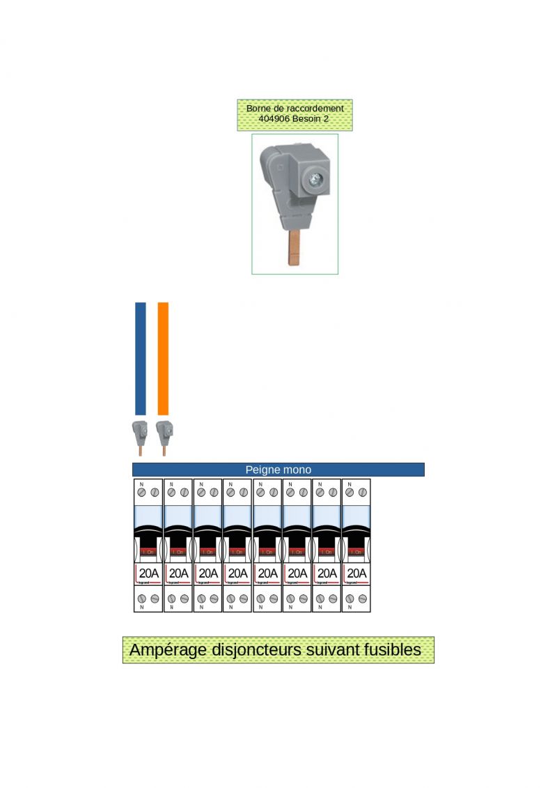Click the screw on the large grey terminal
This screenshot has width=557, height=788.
pos(315,180)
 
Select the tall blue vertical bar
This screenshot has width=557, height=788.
pos(140,358)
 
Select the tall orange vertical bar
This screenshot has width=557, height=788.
pos(163,358)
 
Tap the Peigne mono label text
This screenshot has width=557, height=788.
pos(278,470)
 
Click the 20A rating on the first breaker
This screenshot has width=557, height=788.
pos(148,573)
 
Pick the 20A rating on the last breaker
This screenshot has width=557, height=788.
pos(356,573)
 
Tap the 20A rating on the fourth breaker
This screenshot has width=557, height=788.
pos(237,573)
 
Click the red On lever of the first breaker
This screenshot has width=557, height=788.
pos(148,552)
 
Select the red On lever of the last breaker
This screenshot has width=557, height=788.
pos(356,552)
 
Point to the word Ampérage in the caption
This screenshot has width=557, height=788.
pos(168,650)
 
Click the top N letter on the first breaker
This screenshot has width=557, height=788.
pos(142,484)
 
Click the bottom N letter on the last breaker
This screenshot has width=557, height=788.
pos(350,608)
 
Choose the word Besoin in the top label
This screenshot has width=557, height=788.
pos(307,119)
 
